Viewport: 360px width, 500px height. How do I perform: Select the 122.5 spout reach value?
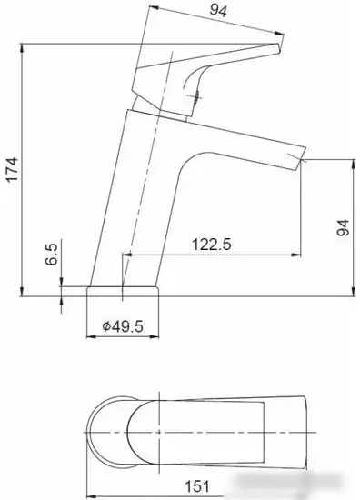pyautogui.click(x=209, y=245)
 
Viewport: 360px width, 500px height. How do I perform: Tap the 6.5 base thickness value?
pyautogui.click(x=52, y=252)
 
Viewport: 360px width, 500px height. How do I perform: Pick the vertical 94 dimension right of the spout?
pyautogui.click(x=342, y=228)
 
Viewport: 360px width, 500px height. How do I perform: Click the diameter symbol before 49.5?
pyautogui.click(x=106, y=325)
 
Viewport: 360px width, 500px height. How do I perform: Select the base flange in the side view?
pyautogui.click(x=124, y=291)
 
